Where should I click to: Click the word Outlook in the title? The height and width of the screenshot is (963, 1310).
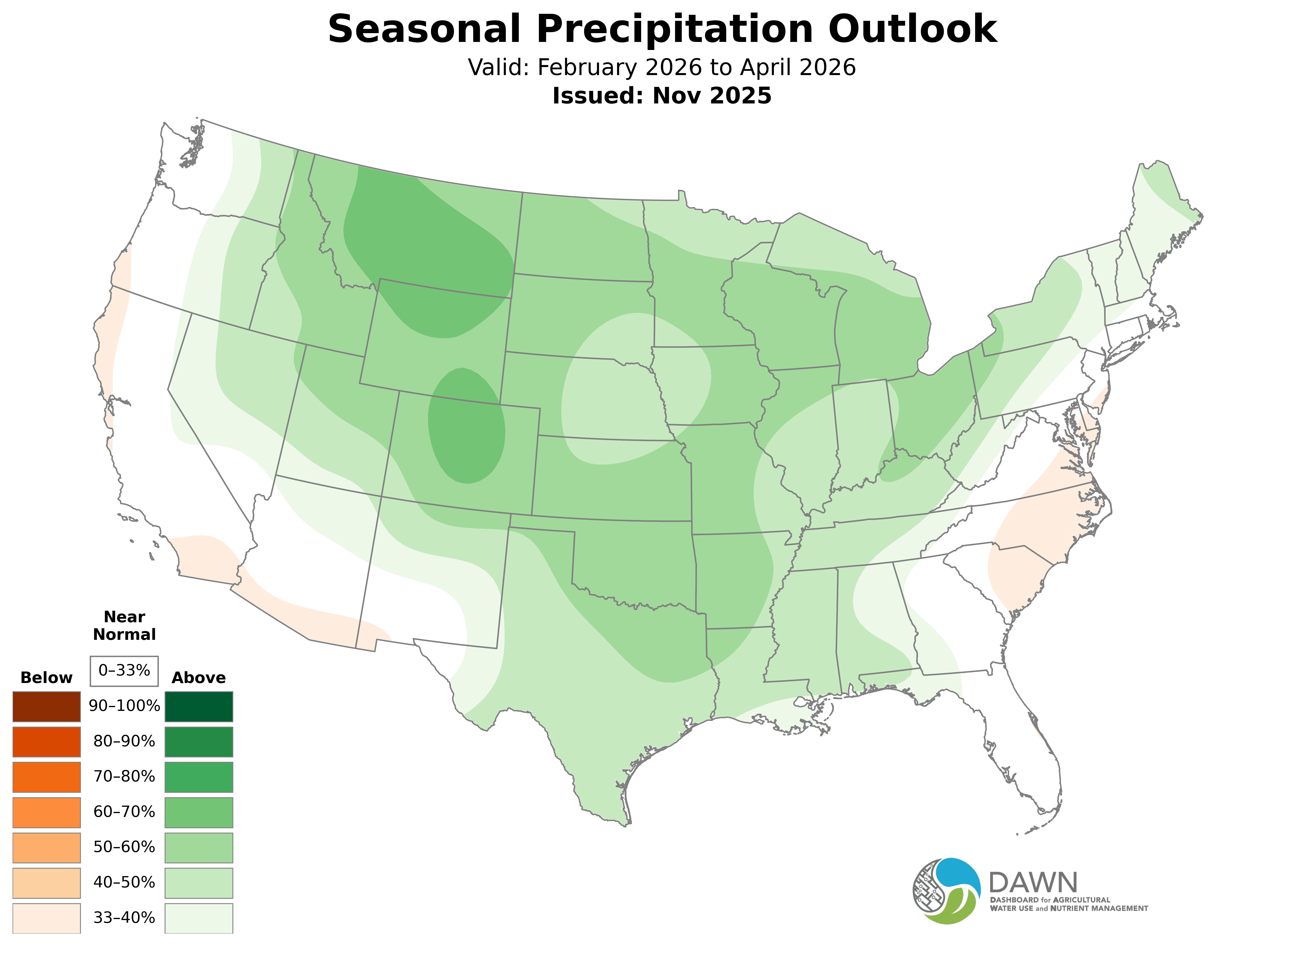point(911,29)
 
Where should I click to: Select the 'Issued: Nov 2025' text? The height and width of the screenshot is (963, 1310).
point(662,96)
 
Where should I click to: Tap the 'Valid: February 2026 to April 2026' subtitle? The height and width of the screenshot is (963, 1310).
point(662,68)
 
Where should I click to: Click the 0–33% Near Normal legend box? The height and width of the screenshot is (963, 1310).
point(124,670)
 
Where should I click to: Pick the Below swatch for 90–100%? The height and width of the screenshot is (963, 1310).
point(47,707)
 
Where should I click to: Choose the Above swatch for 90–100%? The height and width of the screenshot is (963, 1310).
point(199,707)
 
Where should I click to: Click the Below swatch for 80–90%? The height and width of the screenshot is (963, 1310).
point(47,742)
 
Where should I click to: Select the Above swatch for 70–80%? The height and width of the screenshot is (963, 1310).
point(199,777)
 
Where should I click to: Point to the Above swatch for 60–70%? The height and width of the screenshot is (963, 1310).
point(199,812)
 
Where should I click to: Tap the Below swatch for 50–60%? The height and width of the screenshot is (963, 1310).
point(47,847)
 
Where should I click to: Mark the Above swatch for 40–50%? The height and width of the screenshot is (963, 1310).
point(199,883)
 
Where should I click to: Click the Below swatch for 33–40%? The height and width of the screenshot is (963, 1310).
point(47,918)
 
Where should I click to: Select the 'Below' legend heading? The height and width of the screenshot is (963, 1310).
point(47,678)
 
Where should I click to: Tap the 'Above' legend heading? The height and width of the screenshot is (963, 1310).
point(199,678)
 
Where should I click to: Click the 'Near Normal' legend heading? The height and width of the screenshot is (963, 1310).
point(124,626)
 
